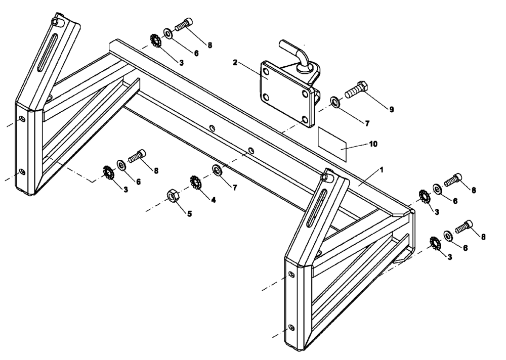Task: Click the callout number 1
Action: tap(382, 170)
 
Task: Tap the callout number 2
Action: tap(236, 63)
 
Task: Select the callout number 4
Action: tap(213, 200)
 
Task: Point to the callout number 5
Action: tap(189, 213)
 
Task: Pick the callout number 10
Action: tap(373, 144)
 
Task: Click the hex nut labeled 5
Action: tap(172, 196)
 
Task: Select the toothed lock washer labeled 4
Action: tap(195, 181)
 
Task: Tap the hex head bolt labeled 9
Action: tap(359, 90)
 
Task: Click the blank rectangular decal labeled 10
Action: tap(332, 144)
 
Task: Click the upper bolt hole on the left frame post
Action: tap(22, 119)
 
